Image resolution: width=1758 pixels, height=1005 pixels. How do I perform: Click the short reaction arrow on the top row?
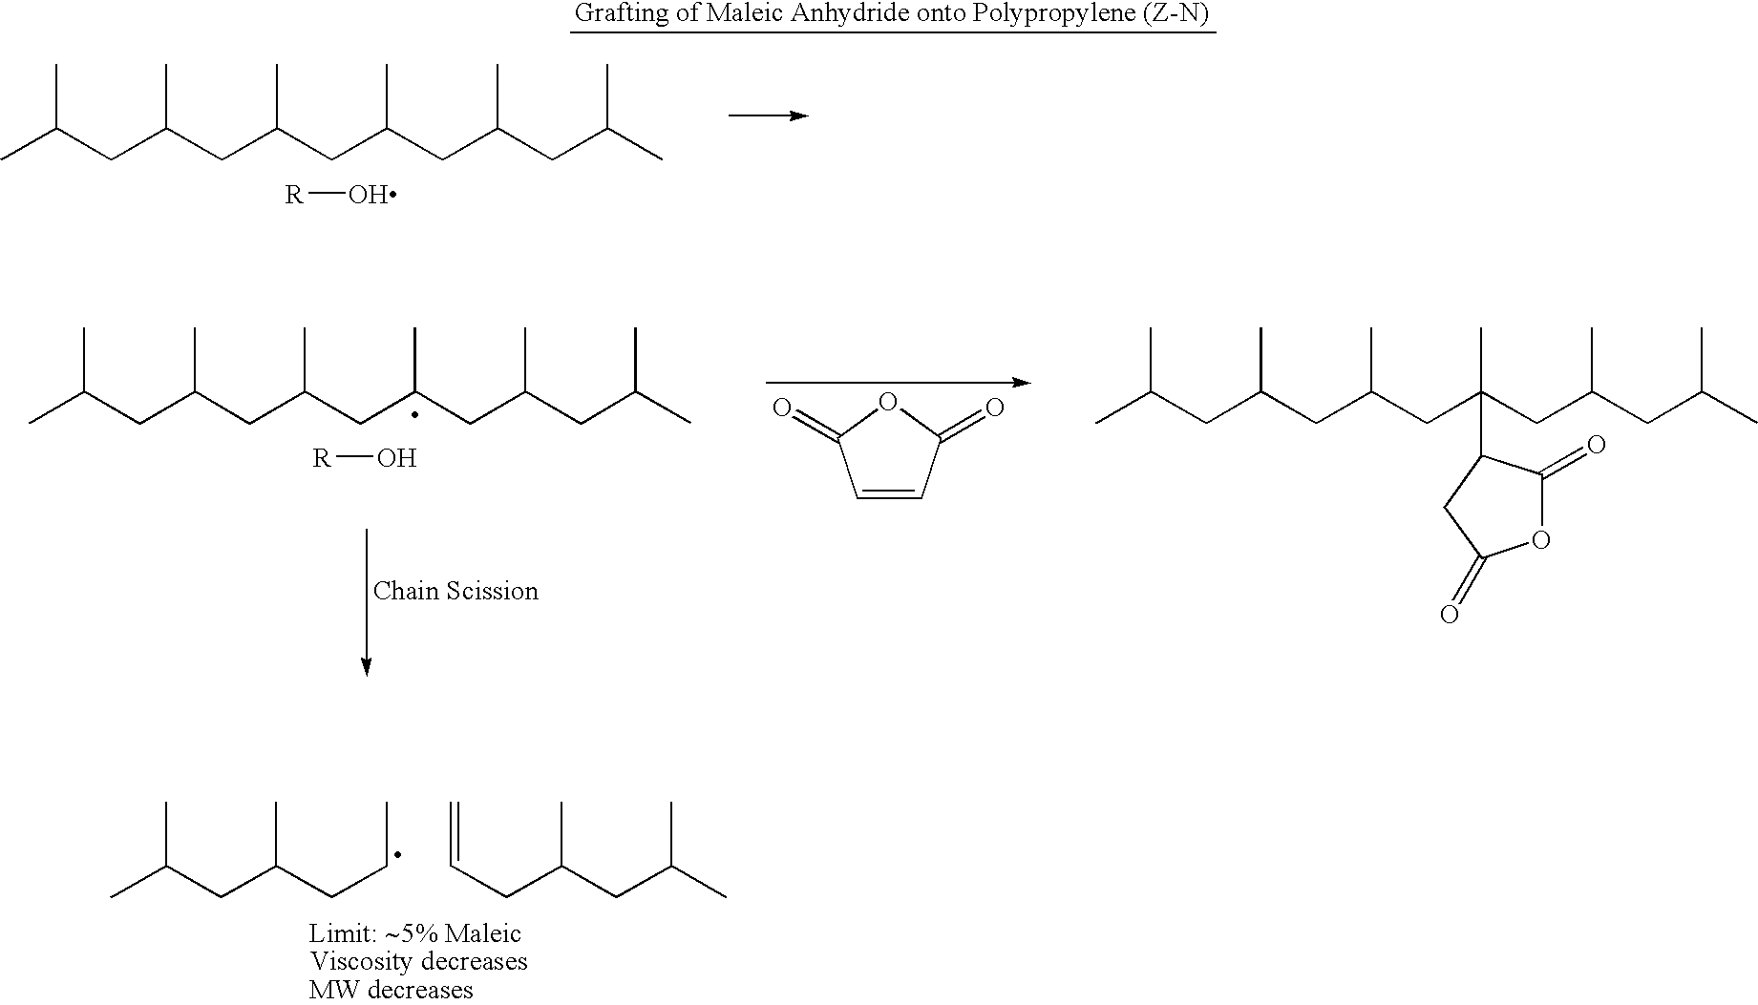(769, 115)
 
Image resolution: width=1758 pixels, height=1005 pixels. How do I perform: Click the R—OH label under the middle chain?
(365, 458)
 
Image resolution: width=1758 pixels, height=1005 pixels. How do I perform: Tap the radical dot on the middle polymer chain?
(414, 417)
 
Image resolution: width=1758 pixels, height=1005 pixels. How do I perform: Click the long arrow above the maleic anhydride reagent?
(898, 383)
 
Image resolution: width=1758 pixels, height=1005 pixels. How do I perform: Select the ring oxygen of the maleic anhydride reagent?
(887, 402)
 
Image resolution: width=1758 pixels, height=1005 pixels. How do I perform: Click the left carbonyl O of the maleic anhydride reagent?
(781, 409)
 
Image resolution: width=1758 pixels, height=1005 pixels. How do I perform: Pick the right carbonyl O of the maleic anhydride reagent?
(994, 409)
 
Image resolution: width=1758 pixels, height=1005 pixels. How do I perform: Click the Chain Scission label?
(455, 591)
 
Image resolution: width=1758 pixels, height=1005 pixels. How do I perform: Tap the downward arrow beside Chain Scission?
(366, 601)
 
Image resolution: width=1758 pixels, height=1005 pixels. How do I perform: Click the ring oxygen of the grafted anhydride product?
(1538, 541)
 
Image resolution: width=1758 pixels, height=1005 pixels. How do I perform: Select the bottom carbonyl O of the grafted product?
(1449, 614)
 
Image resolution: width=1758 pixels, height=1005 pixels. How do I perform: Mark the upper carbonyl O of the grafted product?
(1594, 445)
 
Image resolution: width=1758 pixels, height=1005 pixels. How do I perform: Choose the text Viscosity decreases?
(418, 961)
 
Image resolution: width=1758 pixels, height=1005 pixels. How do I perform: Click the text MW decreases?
(392, 990)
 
